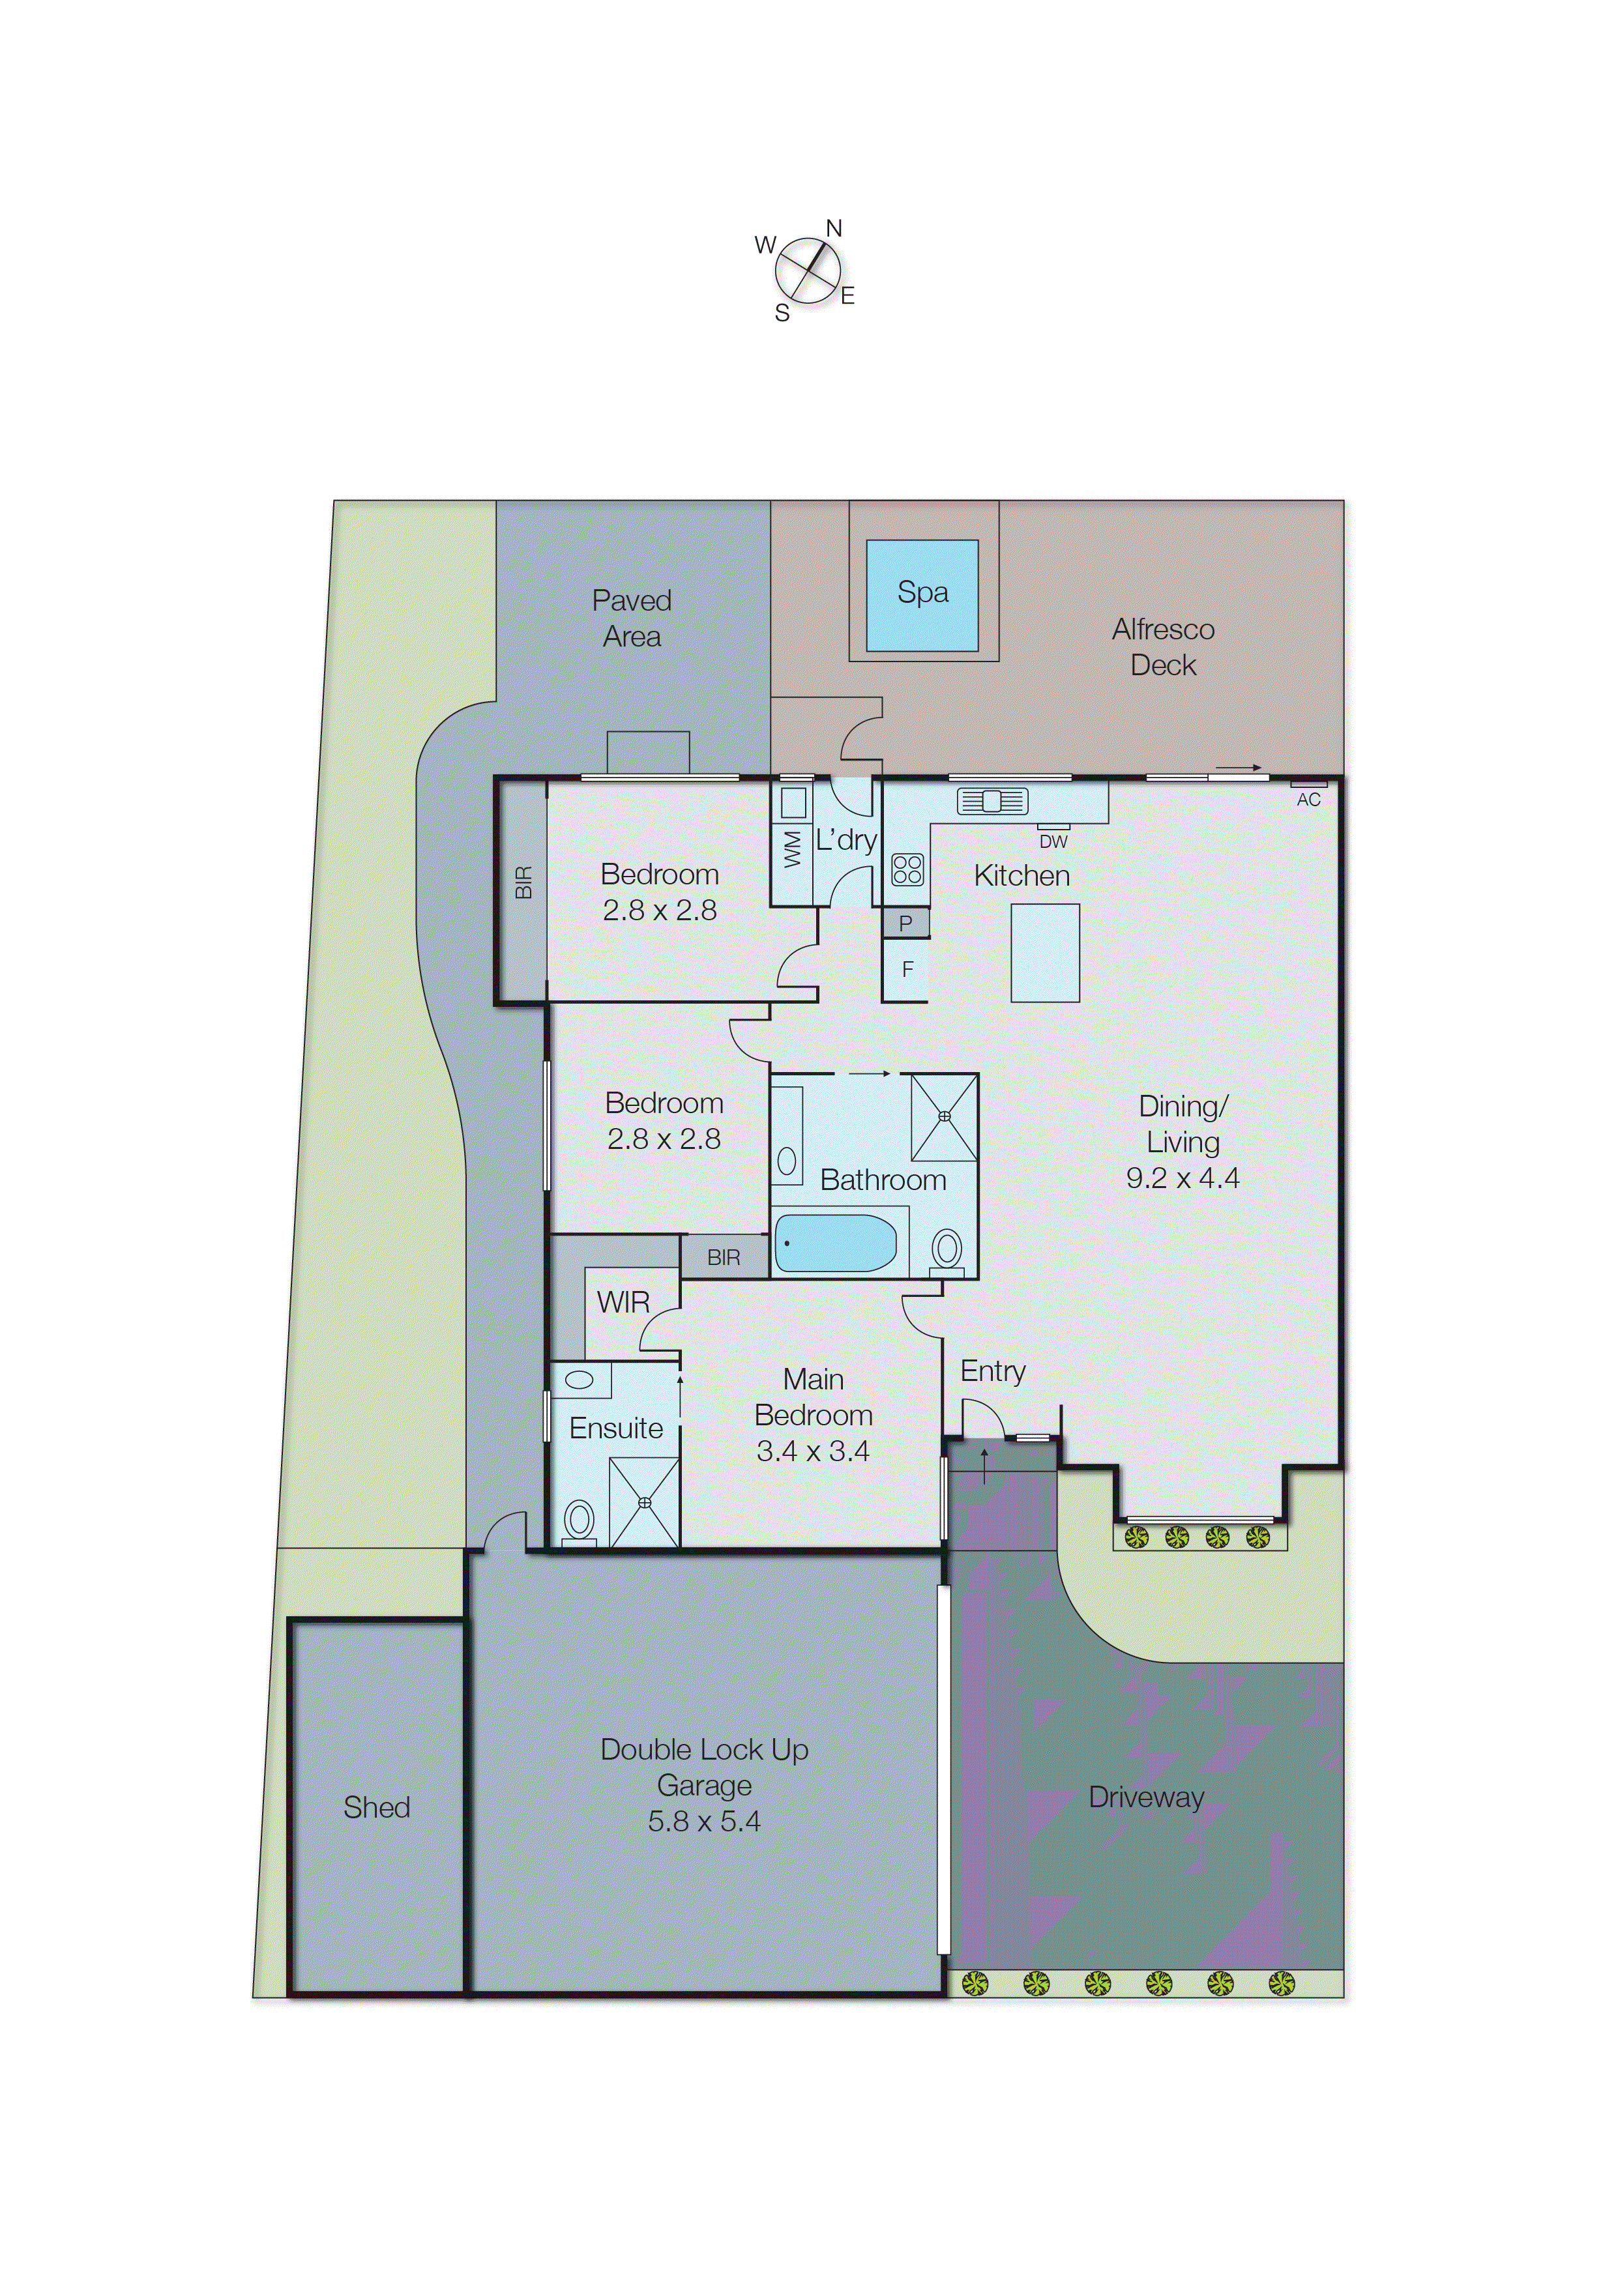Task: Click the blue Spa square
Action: [922, 596]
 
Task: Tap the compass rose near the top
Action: [807, 270]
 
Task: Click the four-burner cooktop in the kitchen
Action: [907, 869]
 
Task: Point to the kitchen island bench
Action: [1045, 952]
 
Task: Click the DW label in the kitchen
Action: [1053, 841]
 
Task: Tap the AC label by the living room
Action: [1308, 800]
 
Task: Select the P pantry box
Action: [905, 923]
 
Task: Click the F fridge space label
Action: [907, 969]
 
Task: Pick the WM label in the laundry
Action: [792, 850]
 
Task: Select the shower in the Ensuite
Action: [644, 1502]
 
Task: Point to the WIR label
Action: [623, 1302]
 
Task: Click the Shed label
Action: [376, 1807]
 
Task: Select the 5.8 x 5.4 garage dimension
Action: [703, 1822]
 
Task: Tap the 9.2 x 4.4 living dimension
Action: [1182, 1178]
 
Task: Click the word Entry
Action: [992, 1371]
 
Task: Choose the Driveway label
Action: [1145, 1797]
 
